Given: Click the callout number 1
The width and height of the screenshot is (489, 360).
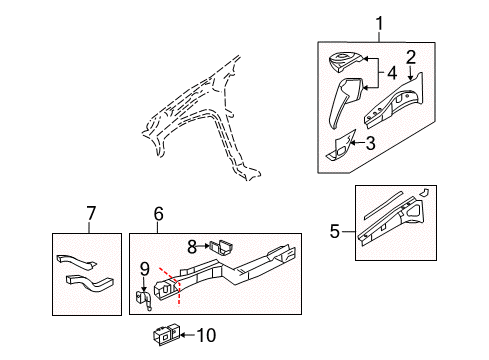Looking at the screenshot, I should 379,24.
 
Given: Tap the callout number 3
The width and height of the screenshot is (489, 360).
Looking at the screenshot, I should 370,143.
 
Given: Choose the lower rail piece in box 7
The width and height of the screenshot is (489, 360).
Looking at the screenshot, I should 88,282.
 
